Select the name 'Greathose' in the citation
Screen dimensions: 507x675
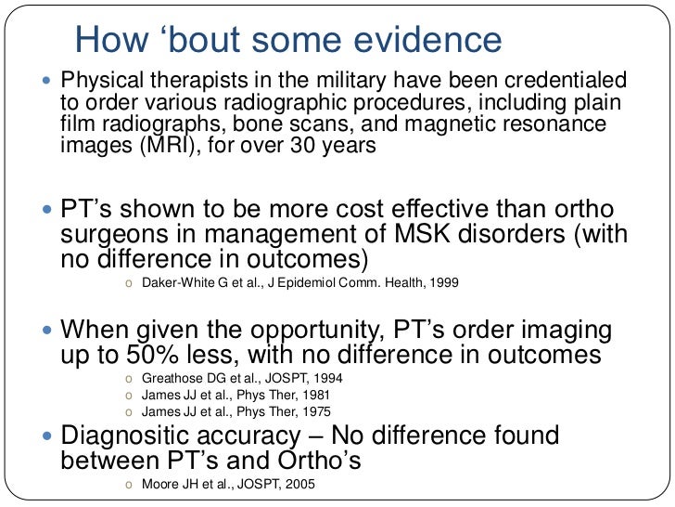pos(171,381)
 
